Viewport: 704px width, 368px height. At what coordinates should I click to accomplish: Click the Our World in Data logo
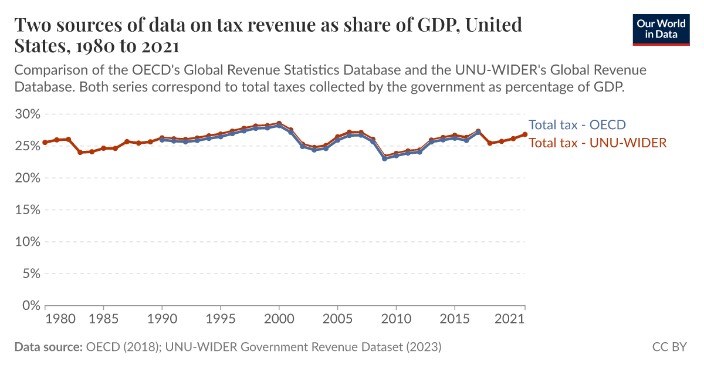tap(661, 28)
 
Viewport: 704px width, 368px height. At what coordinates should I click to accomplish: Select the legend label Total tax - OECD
tap(577, 125)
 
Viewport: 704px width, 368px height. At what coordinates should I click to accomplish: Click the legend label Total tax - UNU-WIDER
tap(598, 143)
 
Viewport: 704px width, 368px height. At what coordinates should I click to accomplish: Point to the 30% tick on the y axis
tap(27, 114)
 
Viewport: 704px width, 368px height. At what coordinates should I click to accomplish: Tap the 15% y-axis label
tap(27, 210)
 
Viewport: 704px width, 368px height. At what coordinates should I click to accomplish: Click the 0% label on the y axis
tap(31, 305)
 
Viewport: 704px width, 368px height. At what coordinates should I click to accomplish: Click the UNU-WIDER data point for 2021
tap(525, 134)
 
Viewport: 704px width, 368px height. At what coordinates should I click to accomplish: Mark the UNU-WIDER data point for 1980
tap(45, 143)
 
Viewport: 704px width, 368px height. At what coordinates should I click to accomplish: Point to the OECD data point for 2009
tap(384, 158)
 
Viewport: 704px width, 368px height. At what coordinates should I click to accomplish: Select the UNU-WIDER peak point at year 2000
tap(279, 123)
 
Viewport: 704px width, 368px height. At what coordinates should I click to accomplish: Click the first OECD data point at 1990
tap(162, 140)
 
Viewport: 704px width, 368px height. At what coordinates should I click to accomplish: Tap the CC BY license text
tap(669, 347)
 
